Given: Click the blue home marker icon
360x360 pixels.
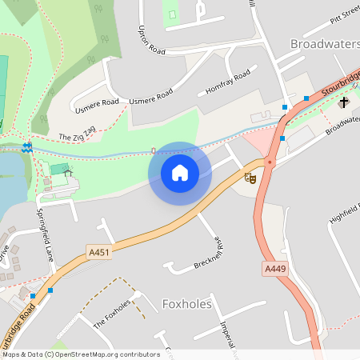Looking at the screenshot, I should pyautogui.click(x=180, y=172).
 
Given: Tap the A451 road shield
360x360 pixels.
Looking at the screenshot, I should pyautogui.click(x=99, y=253).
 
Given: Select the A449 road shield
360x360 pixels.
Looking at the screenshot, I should pyautogui.click(x=274, y=270).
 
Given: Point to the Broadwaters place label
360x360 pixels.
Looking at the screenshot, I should pyautogui.click(x=324, y=43).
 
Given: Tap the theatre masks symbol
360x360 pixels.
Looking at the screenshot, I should pyautogui.click(x=250, y=178).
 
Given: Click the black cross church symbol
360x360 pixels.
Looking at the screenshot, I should pyautogui.click(x=344, y=102).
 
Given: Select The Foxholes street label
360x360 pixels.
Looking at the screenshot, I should pyautogui.click(x=111, y=314).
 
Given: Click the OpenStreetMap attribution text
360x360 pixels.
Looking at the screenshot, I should pyautogui.click(x=81, y=354).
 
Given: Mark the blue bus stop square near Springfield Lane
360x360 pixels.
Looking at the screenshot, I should pyautogui.click(x=52, y=291).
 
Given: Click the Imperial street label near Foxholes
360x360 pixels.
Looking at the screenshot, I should pyautogui.click(x=230, y=336).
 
